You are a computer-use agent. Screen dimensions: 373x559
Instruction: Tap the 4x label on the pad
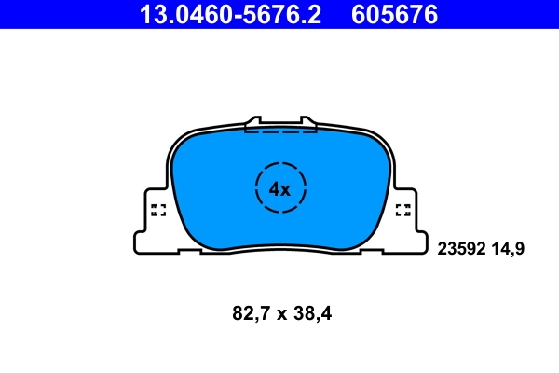(x=279, y=189)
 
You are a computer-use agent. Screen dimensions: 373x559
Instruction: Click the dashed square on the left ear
(x=157, y=209)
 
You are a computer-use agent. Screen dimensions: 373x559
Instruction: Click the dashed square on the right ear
(x=403, y=209)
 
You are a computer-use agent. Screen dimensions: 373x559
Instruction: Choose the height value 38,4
(x=313, y=314)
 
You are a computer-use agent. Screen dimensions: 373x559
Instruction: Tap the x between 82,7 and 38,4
(x=280, y=315)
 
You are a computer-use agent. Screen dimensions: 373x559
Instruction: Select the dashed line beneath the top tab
(x=279, y=131)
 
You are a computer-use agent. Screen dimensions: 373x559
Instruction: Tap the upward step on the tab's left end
(x=249, y=121)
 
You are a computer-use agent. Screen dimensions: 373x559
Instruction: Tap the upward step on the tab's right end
(x=311, y=121)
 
